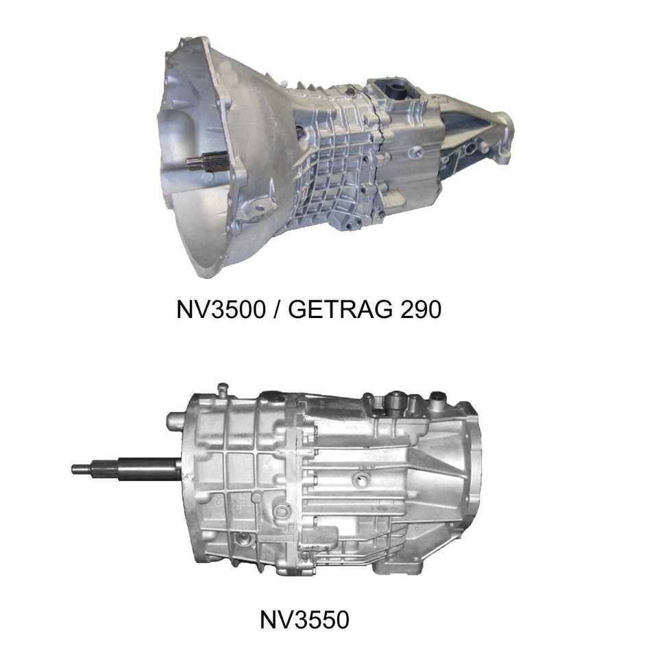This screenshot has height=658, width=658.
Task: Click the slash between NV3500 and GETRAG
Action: [275, 310]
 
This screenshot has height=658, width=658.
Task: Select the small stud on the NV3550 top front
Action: [220, 389]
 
